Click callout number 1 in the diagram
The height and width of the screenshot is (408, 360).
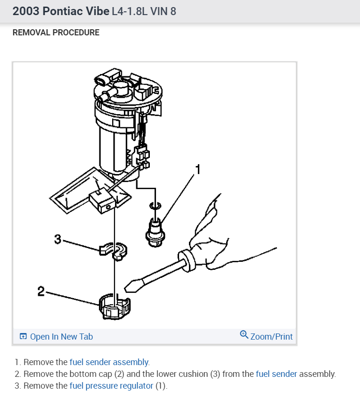point(198,169)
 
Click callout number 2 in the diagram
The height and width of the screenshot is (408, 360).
point(41,291)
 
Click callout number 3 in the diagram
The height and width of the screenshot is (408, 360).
point(57,240)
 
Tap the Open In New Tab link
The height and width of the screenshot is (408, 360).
point(61,337)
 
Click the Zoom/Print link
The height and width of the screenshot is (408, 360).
point(271,337)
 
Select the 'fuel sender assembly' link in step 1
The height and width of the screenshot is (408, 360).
point(109,362)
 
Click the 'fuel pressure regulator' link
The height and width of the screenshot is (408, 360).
point(111,386)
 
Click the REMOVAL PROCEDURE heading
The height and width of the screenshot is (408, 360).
point(56,33)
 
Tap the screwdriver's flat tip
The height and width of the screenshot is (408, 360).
point(130,285)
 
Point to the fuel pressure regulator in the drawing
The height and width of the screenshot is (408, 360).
point(156,228)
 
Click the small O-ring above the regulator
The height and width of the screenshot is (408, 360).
point(155,205)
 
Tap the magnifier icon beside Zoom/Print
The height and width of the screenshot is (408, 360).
point(244,335)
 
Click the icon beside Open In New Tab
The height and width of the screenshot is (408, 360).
point(23,337)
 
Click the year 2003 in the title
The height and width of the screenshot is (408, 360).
point(25,11)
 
